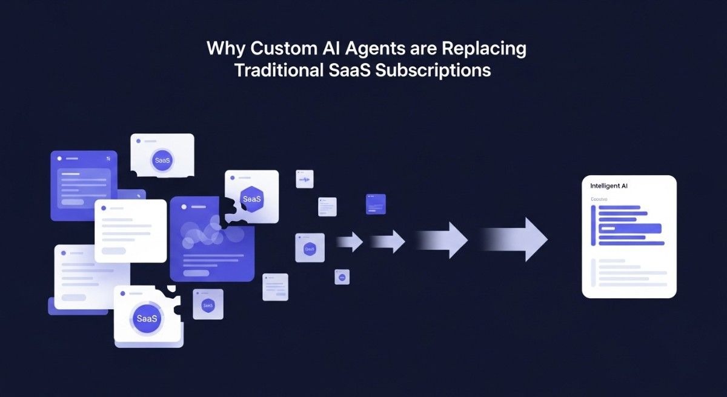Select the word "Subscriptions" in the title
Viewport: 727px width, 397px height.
(x=433, y=70)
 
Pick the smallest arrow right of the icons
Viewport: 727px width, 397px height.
(x=350, y=242)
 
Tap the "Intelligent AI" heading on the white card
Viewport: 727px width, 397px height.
(x=609, y=186)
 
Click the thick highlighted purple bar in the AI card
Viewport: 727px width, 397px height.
(x=630, y=229)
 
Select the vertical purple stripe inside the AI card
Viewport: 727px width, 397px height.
(x=594, y=225)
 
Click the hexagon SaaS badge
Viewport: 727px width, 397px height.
(x=251, y=198)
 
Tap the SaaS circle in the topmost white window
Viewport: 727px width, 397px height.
(x=162, y=161)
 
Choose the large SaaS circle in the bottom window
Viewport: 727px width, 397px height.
(x=147, y=318)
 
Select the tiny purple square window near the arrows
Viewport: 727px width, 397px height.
(x=376, y=204)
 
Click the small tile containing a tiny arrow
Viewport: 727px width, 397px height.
(x=304, y=179)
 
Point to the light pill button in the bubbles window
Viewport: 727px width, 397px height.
(x=196, y=273)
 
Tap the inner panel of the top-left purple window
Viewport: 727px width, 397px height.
(x=84, y=188)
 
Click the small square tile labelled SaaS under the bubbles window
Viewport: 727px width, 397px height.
(x=208, y=304)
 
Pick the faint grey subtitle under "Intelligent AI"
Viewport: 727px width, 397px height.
(x=599, y=199)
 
